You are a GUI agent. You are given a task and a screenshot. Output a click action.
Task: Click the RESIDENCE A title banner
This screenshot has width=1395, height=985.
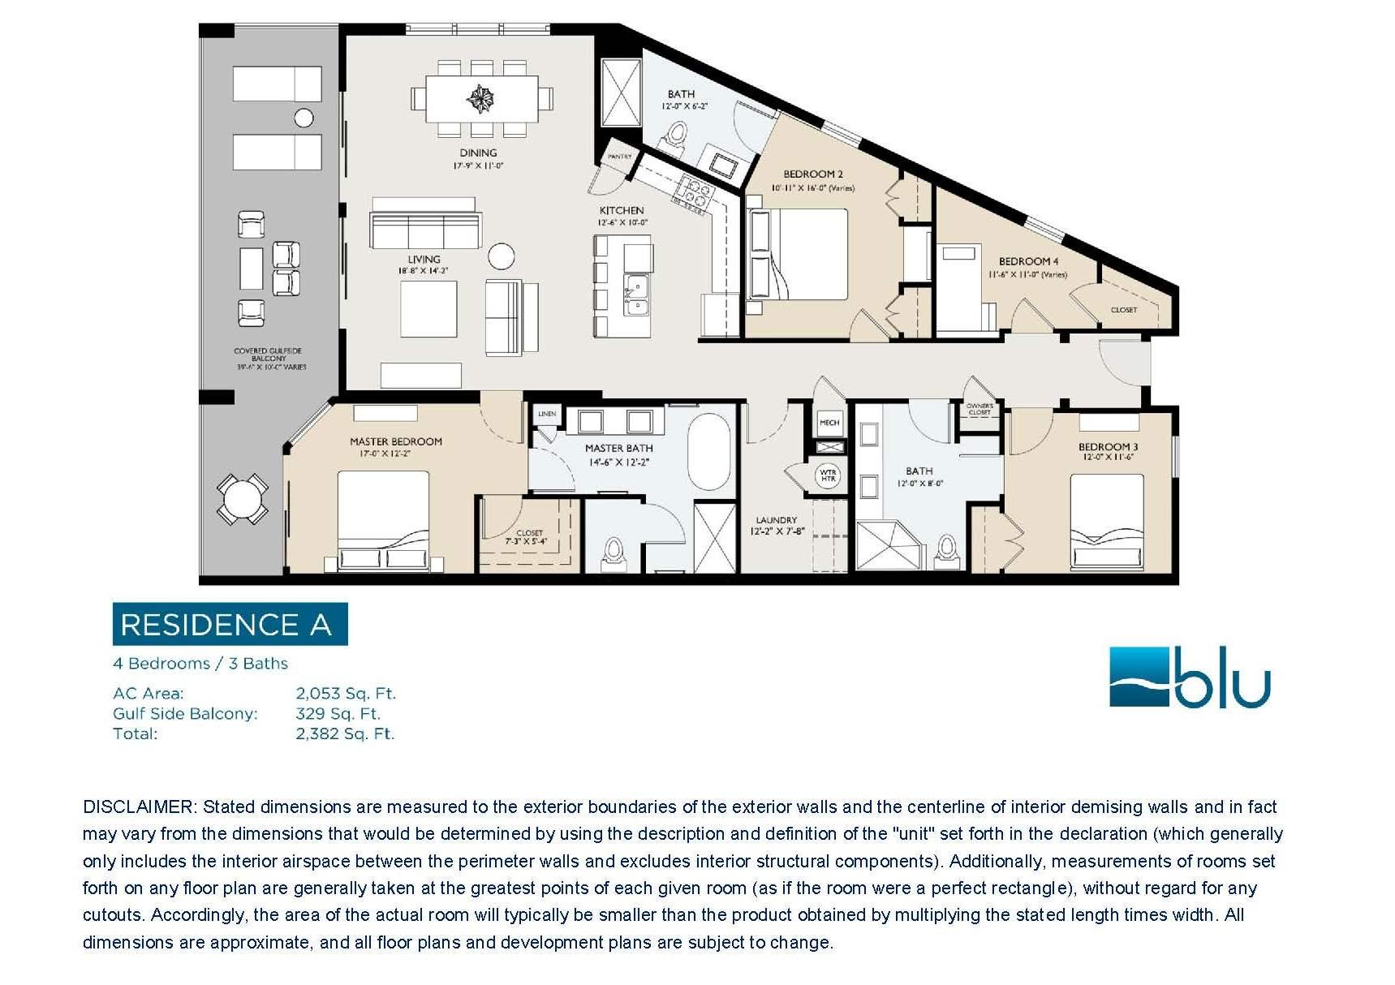click(230, 624)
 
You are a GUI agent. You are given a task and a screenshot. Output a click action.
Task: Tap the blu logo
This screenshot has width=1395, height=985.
click(1189, 678)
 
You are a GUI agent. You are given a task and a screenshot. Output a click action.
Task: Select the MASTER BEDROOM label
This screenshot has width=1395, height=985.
click(396, 441)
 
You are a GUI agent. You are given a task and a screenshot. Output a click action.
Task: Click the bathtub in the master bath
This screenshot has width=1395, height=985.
click(709, 452)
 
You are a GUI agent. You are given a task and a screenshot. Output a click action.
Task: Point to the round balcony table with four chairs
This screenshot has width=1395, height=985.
click(242, 498)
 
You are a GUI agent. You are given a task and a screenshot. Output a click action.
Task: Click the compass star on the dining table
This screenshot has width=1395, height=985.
click(480, 99)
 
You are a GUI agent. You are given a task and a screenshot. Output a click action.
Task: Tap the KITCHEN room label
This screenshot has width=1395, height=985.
click(622, 210)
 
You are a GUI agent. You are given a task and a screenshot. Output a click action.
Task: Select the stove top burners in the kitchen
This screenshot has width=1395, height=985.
click(695, 194)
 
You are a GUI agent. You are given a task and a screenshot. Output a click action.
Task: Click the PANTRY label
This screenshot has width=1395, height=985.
click(619, 157)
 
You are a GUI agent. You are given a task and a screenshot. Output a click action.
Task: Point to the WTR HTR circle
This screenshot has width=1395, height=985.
click(828, 475)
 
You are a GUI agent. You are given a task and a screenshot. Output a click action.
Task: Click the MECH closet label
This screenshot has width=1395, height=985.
click(829, 423)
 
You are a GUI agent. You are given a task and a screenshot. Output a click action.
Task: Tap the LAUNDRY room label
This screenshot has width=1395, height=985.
click(777, 520)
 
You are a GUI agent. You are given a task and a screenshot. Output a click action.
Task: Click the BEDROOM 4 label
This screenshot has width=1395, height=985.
click(1028, 261)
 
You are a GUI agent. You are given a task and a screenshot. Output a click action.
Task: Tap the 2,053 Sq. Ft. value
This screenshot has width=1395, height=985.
click(346, 694)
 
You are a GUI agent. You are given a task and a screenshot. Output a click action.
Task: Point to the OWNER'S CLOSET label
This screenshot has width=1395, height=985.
click(980, 409)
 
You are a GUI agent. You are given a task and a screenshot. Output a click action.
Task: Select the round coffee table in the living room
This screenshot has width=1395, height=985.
click(502, 256)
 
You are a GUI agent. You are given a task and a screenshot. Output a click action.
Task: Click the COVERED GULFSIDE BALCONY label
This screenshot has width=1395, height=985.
click(269, 355)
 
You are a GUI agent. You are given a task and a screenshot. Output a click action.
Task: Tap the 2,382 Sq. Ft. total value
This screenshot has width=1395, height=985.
click(345, 734)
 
